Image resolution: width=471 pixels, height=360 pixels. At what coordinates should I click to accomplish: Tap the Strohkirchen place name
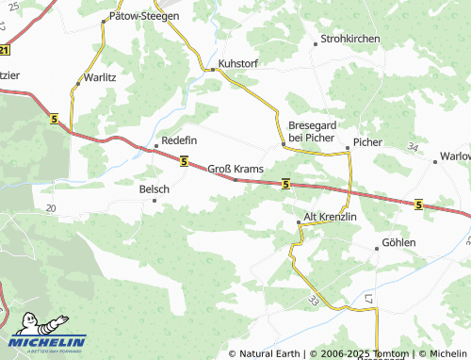349,39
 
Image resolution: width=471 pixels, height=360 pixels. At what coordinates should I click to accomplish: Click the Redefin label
179,139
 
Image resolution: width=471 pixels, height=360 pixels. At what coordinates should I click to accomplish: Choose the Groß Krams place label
235,168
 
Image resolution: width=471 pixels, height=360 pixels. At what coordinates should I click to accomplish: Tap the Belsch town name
154,189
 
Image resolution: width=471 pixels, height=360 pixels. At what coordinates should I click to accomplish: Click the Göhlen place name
398,243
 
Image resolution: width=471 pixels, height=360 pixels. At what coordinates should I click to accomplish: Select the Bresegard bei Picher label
311,131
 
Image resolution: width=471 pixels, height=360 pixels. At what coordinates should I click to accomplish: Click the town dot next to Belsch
155,201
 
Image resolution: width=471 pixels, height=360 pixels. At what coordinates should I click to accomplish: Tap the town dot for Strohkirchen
315,42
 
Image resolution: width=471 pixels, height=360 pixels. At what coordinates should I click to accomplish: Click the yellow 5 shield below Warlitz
54,118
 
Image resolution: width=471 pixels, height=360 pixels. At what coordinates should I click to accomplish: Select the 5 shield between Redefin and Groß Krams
184,161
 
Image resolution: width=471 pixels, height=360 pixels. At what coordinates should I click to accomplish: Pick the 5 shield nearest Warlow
418,203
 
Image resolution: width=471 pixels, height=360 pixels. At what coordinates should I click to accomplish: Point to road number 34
413,148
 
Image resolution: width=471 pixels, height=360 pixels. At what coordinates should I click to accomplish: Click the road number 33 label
312,300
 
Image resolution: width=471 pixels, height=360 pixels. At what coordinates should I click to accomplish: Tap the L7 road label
369,299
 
